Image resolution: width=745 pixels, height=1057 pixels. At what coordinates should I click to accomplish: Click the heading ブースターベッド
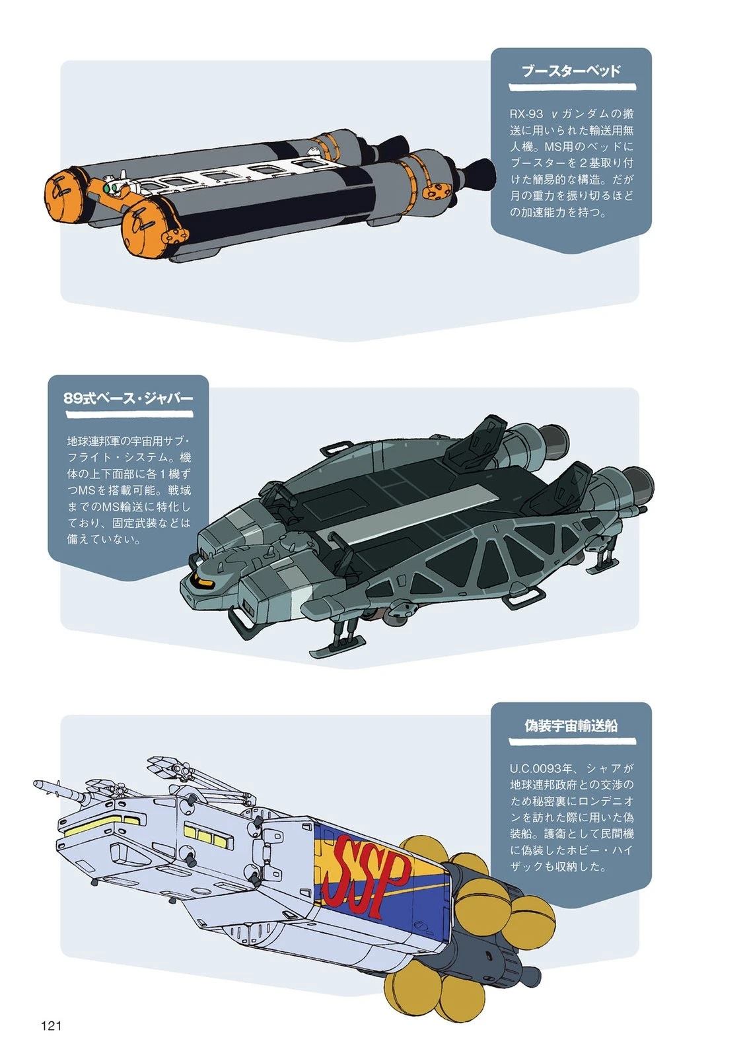[x=571, y=71]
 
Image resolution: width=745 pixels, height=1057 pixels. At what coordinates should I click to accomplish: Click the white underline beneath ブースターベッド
[x=572, y=87]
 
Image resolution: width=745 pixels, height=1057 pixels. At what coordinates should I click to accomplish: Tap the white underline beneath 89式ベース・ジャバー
[x=129, y=414]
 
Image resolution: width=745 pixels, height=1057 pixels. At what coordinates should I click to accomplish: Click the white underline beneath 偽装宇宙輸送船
[x=572, y=742]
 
